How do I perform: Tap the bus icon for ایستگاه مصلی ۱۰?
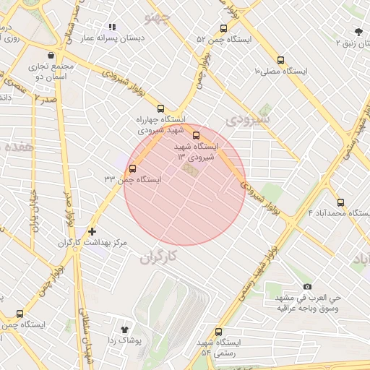[281, 61]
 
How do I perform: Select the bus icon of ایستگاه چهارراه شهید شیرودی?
[160, 108]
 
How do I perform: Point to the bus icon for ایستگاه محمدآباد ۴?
[340, 203]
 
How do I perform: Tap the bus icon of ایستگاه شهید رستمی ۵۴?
[218, 332]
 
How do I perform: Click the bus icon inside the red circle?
[196, 135]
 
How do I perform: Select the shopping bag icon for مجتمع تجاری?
[50, 55]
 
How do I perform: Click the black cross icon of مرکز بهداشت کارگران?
[91, 232]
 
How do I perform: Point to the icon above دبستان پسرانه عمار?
[112, 27]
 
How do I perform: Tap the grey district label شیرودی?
[247, 117]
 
